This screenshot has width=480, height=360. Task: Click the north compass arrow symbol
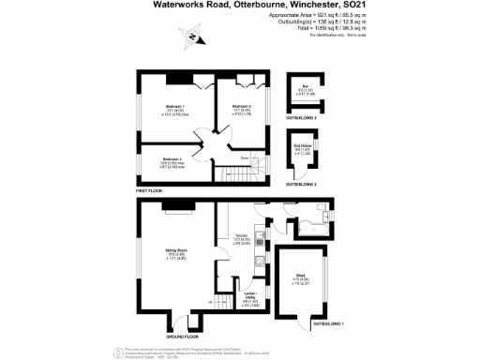point(193,38)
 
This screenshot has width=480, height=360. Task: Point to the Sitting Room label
point(177,252)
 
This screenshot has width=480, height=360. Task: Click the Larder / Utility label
point(250,298)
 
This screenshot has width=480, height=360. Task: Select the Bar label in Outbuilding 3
point(306,91)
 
